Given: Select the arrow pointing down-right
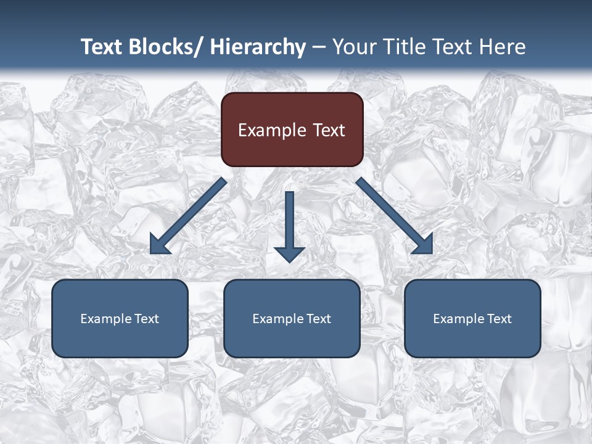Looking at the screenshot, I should pos(395,216).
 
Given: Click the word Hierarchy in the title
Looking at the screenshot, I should pos(258,47).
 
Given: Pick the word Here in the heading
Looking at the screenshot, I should pos(503,47).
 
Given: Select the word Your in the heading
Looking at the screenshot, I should pos(353,47).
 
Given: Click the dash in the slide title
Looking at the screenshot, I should pos(319,47).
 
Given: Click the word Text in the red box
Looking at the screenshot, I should pos(328,130).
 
